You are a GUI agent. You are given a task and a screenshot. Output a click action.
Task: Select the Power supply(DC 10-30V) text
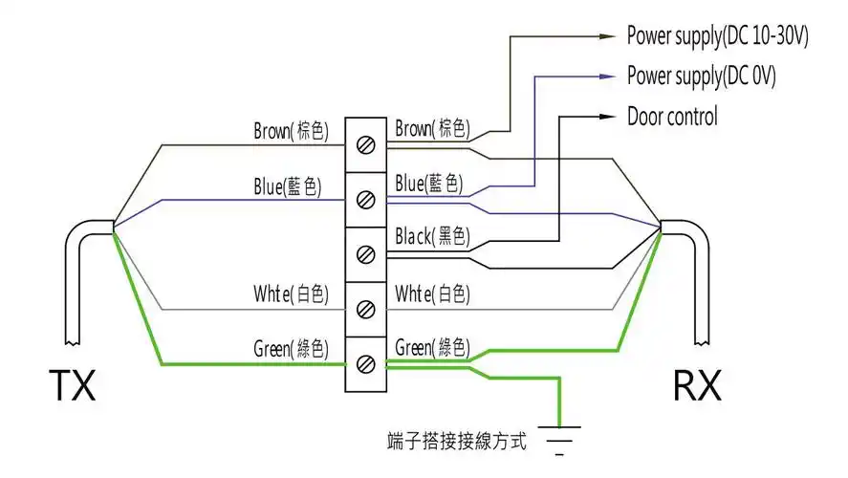[x=717, y=36]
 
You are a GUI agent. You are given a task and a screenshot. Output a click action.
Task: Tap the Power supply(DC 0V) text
[x=701, y=76]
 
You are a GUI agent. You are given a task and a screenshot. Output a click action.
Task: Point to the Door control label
[x=672, y=117]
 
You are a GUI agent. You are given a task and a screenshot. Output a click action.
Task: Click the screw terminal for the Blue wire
[x=364, y=200]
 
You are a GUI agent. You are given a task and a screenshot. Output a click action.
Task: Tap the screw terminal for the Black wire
[x=364, y=254]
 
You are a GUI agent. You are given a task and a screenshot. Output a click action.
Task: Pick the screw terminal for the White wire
[x=364, y=309]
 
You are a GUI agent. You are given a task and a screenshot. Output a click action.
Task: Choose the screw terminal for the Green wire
[x=364, y=364]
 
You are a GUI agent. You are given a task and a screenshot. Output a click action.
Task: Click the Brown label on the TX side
[x=291, y=131]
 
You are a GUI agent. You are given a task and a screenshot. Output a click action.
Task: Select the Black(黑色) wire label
[x=431, y=236]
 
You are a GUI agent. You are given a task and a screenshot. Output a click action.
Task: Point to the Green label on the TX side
[x=291, y=348]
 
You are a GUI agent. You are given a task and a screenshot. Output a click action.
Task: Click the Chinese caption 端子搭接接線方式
[x=457, y=441]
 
